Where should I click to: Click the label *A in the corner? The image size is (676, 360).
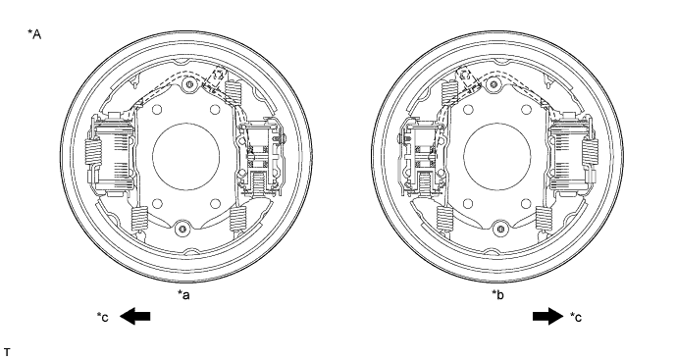34,34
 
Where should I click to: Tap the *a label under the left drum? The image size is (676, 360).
183,295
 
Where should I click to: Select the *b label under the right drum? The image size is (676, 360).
498,295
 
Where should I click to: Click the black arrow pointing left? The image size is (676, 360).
135,317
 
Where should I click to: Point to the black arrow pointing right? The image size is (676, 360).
547,317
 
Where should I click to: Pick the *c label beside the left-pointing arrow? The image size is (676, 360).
103,317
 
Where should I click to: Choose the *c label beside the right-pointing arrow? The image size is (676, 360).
576,317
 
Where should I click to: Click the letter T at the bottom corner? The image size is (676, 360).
7,353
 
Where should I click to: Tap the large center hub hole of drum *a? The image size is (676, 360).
186,156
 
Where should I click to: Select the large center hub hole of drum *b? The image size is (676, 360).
497,156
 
